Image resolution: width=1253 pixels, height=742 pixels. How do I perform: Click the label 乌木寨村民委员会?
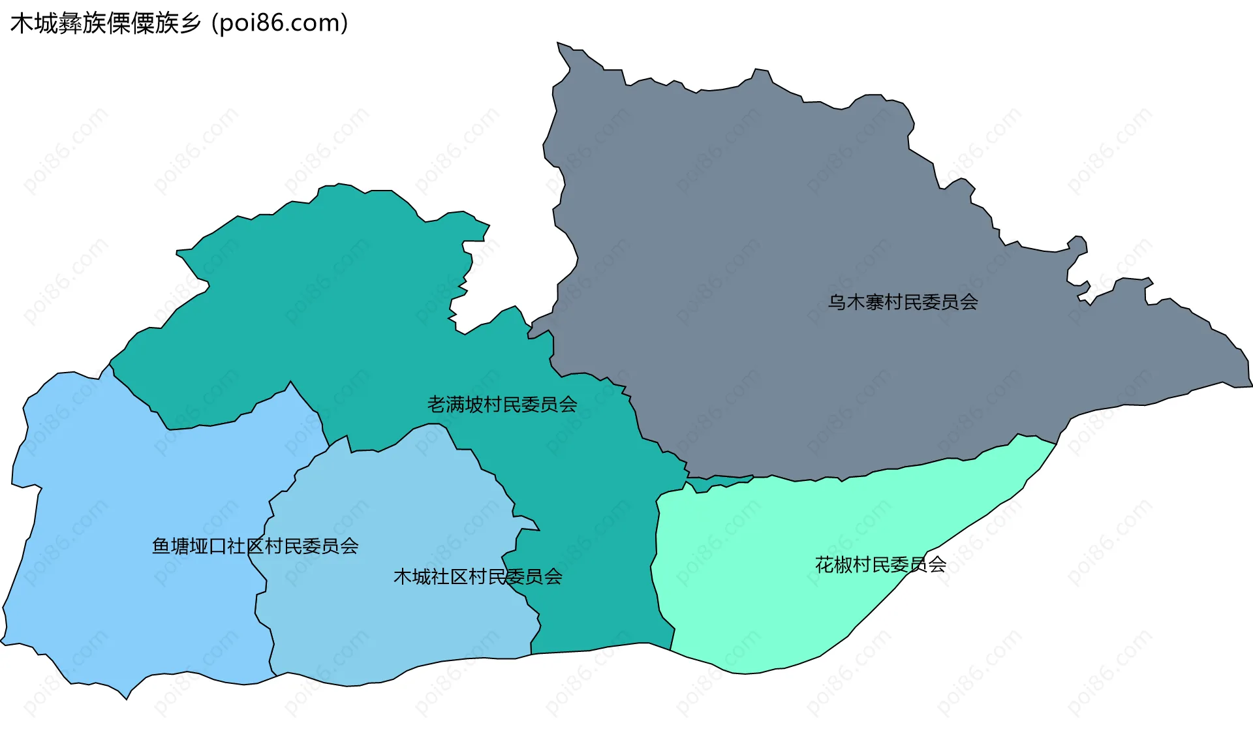[903, 302]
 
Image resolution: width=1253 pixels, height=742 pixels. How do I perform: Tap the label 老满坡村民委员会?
[502, 405]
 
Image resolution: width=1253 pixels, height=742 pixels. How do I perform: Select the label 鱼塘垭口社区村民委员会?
[255, 546]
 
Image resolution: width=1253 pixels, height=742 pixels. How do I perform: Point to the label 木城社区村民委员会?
[478, 577]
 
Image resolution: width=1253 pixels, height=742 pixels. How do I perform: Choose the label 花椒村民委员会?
[880, 564]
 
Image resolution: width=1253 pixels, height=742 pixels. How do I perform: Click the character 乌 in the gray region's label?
[837, 302]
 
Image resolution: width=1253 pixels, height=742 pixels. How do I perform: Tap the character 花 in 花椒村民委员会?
[824, 564]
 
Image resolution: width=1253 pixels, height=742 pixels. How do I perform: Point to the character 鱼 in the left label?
[161, 546]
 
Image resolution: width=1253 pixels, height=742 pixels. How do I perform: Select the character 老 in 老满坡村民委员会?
[437, 405]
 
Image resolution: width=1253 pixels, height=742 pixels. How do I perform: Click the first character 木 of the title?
[21, 23]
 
